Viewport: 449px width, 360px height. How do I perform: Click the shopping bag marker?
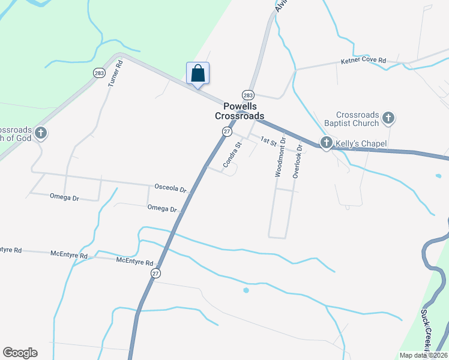pos(198,74)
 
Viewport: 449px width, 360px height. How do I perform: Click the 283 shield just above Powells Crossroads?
pos(249,95)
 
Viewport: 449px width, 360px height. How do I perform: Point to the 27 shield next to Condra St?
pos(227,131)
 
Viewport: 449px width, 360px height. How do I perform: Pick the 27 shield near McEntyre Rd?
pos(155,273)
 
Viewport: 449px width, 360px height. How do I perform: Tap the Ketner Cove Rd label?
pos(363,61)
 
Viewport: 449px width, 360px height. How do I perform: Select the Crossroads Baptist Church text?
pos(357,119)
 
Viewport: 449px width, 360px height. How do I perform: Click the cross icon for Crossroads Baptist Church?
pos(388,118)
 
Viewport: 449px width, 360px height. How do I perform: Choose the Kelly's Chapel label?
pos(361,143)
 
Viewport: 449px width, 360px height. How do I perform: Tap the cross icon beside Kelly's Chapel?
pos(326,142)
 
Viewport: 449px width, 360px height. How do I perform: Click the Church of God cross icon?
pos(40,133)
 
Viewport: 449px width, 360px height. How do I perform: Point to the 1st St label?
pos(268,140)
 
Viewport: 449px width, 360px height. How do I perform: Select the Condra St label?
pos(232,154)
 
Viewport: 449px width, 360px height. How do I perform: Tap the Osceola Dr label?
pos(171,188)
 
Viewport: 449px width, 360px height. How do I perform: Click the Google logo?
pos(20,353)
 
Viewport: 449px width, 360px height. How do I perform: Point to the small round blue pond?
pos(246,290)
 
